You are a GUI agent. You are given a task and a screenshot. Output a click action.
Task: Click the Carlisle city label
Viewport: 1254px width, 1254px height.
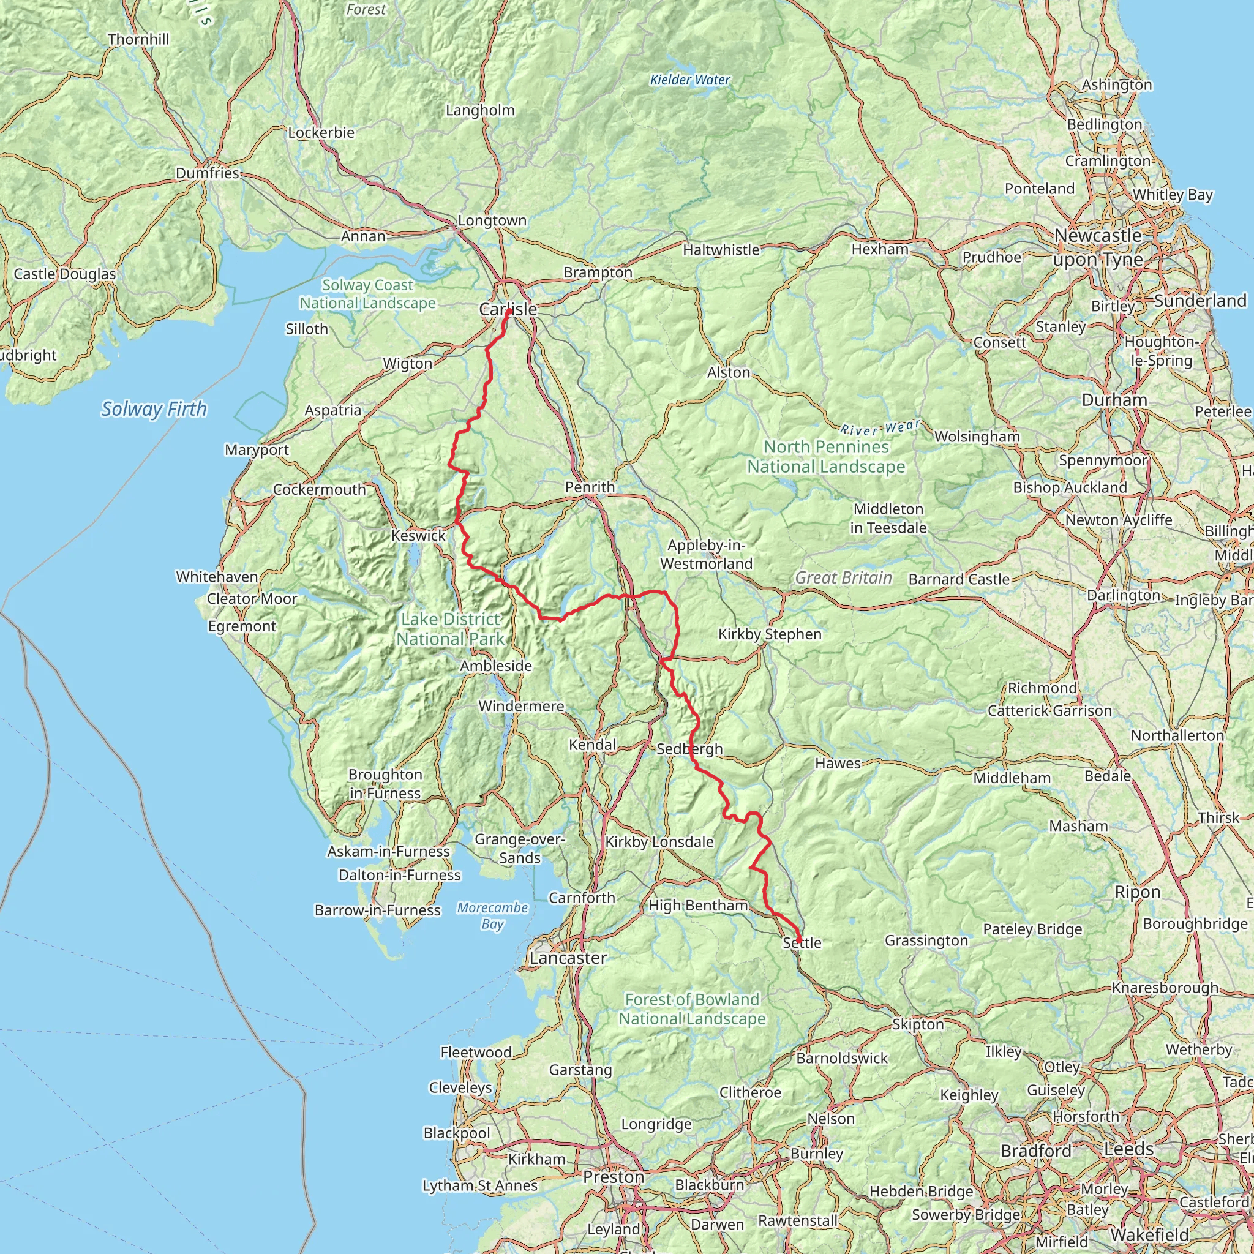(508, 310)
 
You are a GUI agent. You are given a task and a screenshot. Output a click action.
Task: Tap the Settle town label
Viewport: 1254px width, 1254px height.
(802, 942)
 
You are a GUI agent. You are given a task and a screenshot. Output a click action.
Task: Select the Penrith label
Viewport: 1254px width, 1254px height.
(590, 487)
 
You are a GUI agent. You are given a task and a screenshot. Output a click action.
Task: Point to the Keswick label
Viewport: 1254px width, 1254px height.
(418, 536)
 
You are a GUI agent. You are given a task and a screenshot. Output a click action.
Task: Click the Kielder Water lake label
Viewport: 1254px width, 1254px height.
(690, 80)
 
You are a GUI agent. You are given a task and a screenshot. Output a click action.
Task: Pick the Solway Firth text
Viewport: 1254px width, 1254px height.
(154, 409)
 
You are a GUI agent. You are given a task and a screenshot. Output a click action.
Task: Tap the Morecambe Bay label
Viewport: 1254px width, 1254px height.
(492, 916)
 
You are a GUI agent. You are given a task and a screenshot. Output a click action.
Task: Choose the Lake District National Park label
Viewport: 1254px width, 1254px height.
(451, 629)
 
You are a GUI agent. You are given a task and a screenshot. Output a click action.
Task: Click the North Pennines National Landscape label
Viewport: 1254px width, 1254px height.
(825, 456)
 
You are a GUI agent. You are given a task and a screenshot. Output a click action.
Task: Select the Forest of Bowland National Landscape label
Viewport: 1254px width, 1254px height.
(692, 1008)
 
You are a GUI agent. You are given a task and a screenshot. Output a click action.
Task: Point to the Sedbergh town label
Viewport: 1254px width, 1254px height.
(689, 748)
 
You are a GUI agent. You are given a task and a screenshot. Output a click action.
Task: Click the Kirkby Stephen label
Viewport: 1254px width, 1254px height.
(770, 634)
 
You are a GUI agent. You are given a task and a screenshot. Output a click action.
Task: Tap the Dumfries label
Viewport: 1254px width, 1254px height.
(208, 173)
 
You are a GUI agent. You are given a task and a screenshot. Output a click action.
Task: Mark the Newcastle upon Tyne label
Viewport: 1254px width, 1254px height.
(1098, 247)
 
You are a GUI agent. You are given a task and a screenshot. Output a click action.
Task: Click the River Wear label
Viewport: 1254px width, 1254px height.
(880, 428)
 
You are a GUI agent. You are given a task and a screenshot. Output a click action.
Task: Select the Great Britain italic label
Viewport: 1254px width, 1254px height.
(843, 577)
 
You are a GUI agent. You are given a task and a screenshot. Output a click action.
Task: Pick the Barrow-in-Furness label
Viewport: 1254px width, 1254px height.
(377, 910)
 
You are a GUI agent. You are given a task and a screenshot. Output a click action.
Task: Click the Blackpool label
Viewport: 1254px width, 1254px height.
(456, 1133)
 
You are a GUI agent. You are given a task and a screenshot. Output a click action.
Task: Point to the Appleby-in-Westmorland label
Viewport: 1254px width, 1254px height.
(706, 554)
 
